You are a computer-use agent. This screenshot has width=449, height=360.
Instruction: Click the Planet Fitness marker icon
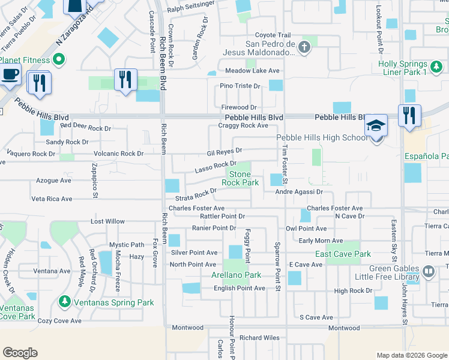click(59, 59)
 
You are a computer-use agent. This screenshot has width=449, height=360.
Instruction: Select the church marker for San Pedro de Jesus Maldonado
click(304, 47)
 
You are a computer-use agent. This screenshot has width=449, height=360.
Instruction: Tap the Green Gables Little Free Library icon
click(429, 271)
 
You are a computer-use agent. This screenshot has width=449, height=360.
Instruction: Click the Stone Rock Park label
click(240, 178)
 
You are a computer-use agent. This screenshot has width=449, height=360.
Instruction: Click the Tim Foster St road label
click(286, 163)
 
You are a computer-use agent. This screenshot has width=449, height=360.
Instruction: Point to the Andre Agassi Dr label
click(299, 192)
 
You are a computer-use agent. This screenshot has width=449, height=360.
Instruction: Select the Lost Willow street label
click(107, 221)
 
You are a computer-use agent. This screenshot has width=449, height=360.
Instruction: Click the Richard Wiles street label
click(259, 338)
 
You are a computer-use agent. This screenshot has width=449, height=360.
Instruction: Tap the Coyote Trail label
click(273, 35)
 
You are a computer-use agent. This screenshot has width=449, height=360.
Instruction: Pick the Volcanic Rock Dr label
click(118, 154)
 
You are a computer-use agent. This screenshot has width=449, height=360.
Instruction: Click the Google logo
click(20, 353)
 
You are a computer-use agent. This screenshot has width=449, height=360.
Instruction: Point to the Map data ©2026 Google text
click(412, 355)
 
